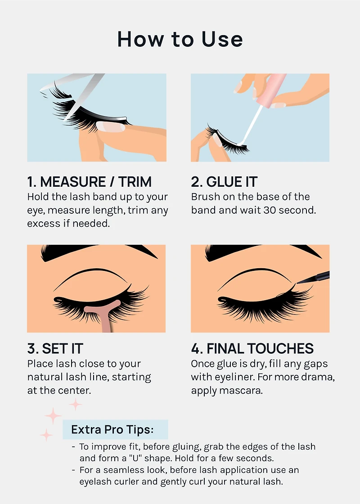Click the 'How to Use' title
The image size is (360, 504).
point(180,39)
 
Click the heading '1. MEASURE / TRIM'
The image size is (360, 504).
point(89,182)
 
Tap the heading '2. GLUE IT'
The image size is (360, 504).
point(224,182)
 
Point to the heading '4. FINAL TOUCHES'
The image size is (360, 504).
point(252,348)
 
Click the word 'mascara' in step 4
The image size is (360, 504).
point(241,390)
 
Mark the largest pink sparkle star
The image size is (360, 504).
point(53,415)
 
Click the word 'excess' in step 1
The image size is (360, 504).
point(42,223)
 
